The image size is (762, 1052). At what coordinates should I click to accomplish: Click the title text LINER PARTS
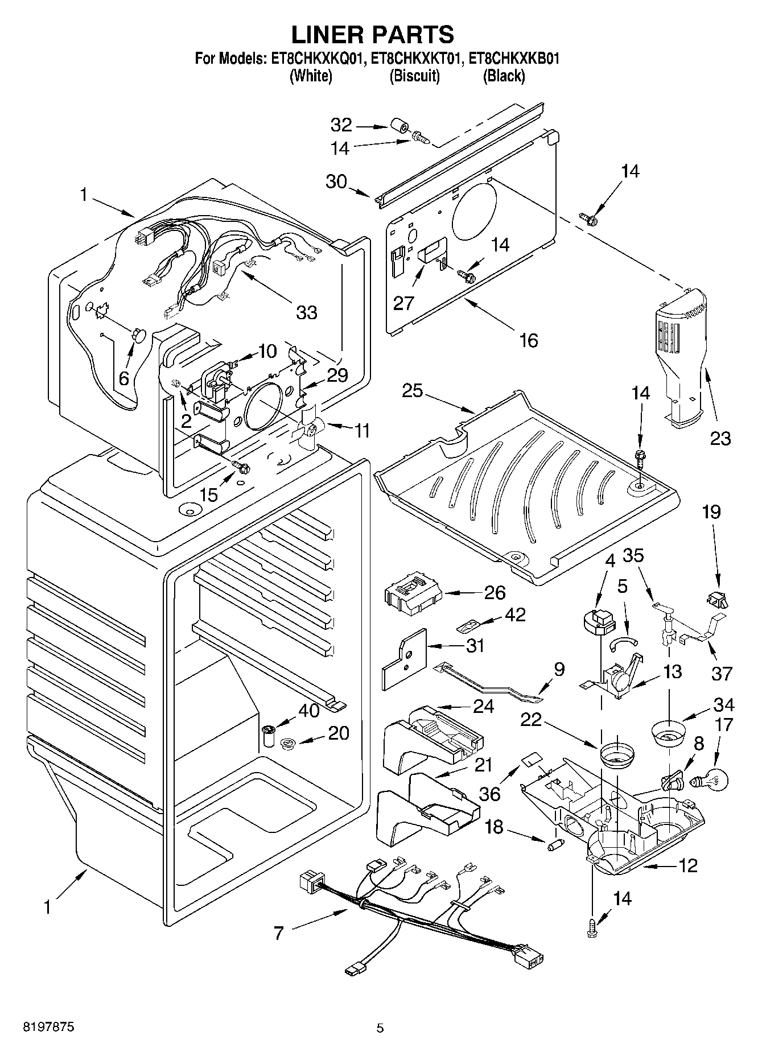point(373,34)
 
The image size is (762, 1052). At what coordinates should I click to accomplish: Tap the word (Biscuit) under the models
point(414,76)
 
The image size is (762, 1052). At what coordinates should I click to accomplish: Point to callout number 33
point(306,312)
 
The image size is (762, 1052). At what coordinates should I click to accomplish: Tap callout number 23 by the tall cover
point(720,438)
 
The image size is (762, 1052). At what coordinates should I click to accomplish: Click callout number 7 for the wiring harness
point(278,933)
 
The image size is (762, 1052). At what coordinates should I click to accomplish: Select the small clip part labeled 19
point(716,597)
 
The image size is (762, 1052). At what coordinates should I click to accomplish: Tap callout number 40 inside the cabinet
point(309,711)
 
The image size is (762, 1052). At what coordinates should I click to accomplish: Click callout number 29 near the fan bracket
point(337,375)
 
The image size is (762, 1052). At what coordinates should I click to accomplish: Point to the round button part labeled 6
point(138,335)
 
